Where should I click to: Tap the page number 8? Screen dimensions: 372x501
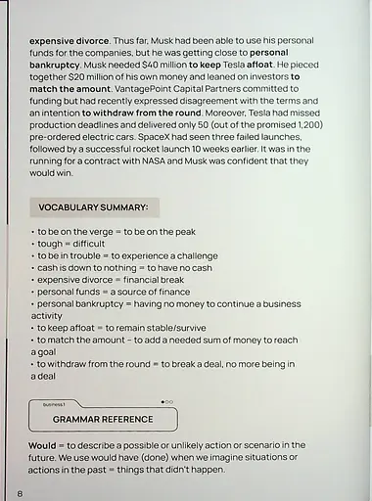(20, 492)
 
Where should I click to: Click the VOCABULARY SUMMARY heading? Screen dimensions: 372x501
(93, 207)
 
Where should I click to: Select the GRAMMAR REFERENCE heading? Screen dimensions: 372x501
(103, 419)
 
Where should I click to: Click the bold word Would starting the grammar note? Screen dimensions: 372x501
(45, 445)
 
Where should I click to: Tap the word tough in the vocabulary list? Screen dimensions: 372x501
(51, 244)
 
